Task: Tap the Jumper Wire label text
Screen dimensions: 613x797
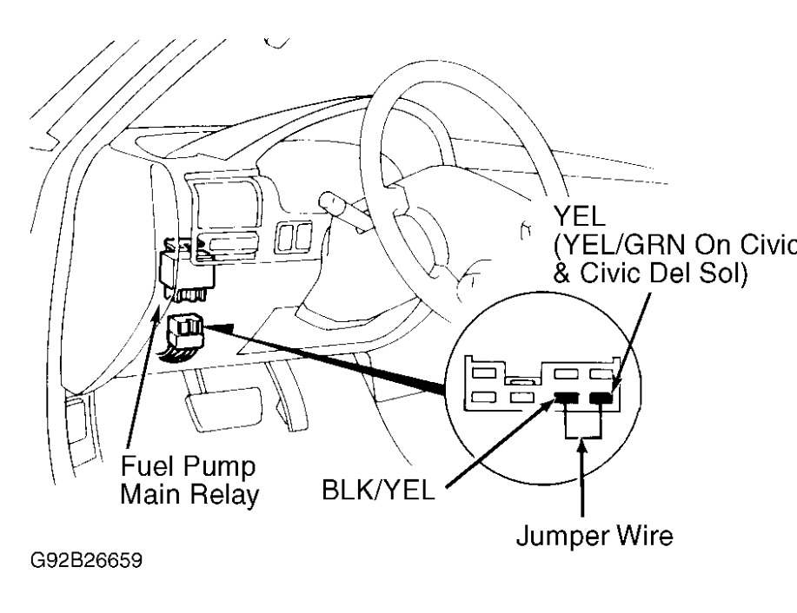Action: pyautogui.click(x=594, y=536)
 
